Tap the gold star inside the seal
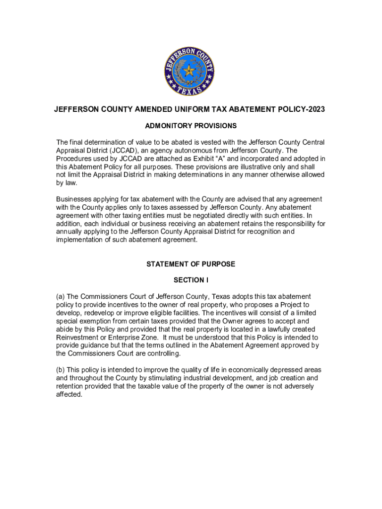(x=190, y=71)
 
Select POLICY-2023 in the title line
(x=305, y=109)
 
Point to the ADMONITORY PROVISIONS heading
(x=191, y=126)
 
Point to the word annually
(x=69, y=232)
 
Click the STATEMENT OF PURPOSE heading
(x=191, y=264)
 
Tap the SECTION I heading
(x=191, y=280)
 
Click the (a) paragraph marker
(x=61, y=296)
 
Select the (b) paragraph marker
(x=61, y=370)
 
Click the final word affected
(x=69, y=394)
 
